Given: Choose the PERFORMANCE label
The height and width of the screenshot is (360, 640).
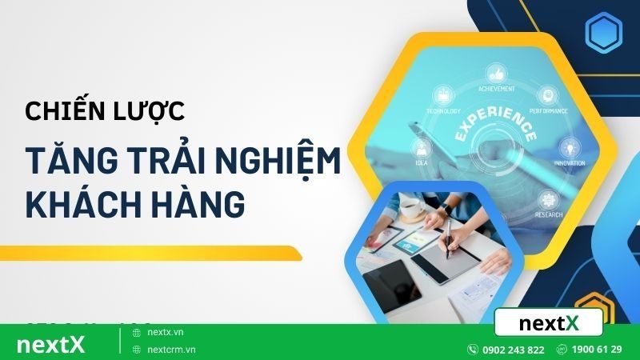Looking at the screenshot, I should [549, 110].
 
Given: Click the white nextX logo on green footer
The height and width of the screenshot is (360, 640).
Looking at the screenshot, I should [50, 345].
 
